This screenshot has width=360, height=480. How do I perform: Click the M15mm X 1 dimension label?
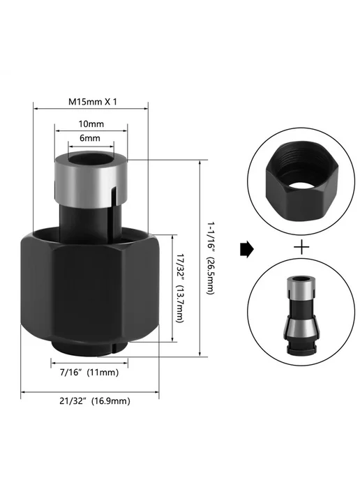point(93,102)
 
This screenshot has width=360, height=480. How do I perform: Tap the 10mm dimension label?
point(91,124)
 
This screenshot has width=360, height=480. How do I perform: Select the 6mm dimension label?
point(90,138)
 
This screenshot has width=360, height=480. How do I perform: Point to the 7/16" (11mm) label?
point(89,373)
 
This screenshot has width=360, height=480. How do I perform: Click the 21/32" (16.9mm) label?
point(95,401)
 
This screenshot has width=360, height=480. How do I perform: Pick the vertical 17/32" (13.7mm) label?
point(181,288)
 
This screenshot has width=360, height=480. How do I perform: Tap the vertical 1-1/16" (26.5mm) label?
point(210,258)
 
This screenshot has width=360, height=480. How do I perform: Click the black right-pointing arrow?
point(246,250)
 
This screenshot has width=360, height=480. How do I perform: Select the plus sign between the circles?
point(301,247)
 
